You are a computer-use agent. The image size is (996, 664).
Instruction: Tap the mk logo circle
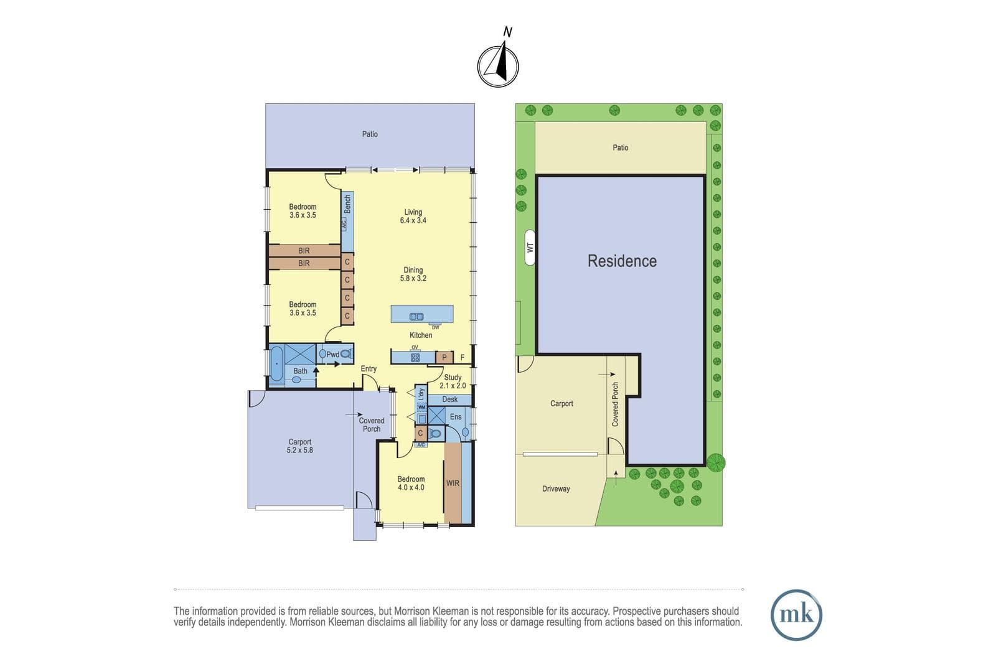(x=796, y=615)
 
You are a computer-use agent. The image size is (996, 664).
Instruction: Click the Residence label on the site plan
(x=622, y=261)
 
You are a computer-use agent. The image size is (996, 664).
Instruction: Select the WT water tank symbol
(x=530, y=248)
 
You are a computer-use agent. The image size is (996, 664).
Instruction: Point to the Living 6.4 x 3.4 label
(x=413, y=216)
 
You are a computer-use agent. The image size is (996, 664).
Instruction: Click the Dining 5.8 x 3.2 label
(x=413, y=274)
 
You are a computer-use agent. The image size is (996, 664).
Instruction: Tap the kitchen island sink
(x=416, y=317)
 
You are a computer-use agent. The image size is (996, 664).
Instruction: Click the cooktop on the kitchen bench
(x=415, y=357)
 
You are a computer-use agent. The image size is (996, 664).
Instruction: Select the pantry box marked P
(x=444, y=357)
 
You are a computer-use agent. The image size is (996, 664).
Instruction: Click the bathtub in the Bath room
(x=276, y=364)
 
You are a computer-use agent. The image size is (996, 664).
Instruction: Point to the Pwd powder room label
(x=332, y=354)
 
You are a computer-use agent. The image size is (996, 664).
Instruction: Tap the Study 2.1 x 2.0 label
(x=453, y=381)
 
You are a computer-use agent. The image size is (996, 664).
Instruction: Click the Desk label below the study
(x=450, y=399)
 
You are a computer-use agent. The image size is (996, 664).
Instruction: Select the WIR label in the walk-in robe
(x=453, y=483)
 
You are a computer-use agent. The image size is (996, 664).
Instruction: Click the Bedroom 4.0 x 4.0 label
(x=411, y=483)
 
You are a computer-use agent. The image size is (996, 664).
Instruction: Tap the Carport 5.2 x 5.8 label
(x=299, y=446)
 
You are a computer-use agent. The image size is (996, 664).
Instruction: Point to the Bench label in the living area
(x=347, y=204)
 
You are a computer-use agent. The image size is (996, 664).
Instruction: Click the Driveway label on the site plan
(x=556, y=489)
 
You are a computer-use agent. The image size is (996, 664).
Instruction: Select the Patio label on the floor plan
(x=370, y=134)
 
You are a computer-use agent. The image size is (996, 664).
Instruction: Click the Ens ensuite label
(x=456, y=416)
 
